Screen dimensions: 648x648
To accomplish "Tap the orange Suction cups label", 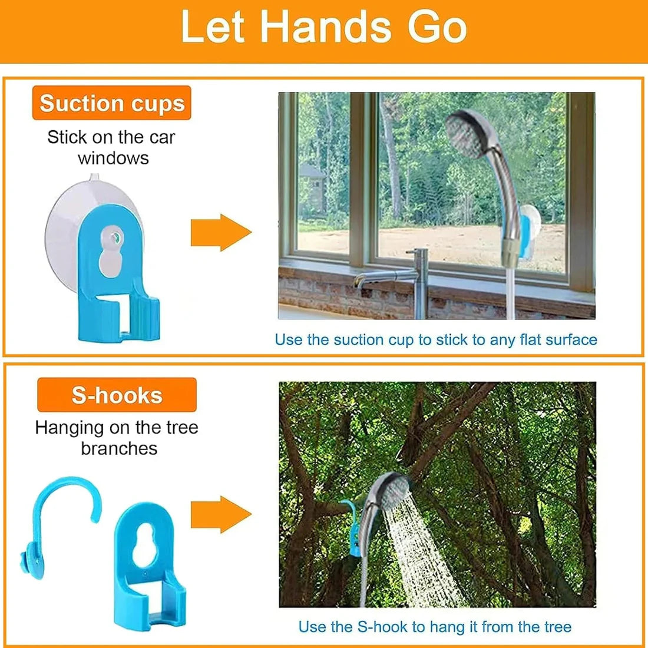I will pyautogui.click(x=112, y=104).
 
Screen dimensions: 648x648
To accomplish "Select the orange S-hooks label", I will pyautogui.click(x=117, y=395).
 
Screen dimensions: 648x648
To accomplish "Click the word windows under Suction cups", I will pyautogui.click(x=113, y=158).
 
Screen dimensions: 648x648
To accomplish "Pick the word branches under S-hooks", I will pyautogui.click(x=119, y=448).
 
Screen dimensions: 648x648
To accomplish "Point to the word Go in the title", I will pyautogui.click(x=437, y=27).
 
